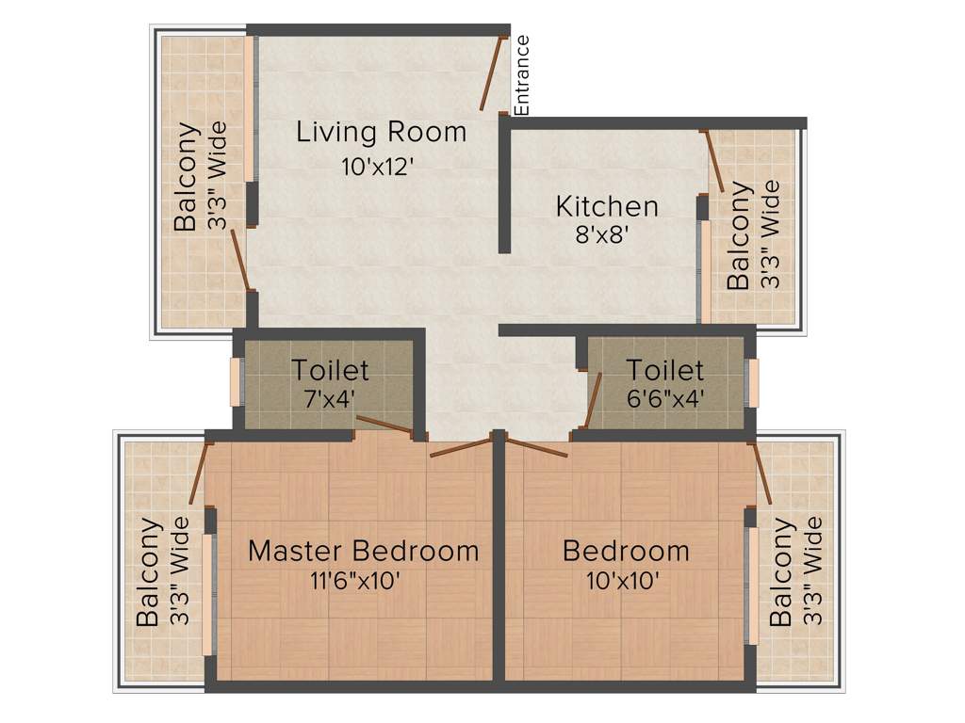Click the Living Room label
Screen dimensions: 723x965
point(381,132)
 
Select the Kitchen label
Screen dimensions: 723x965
point(607,205)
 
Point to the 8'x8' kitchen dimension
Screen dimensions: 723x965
point(601,235)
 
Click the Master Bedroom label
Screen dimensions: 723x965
point(363,551)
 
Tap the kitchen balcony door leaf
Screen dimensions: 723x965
point(714,160)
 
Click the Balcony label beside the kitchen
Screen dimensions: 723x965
point(739,235)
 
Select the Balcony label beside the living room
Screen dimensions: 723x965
point(187,176)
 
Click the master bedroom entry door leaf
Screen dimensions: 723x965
point(462,447)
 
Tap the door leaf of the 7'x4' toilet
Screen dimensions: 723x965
point(384,426)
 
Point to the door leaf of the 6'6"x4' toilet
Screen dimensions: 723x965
point(593,400)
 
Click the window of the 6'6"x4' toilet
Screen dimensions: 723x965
point(752,382)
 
